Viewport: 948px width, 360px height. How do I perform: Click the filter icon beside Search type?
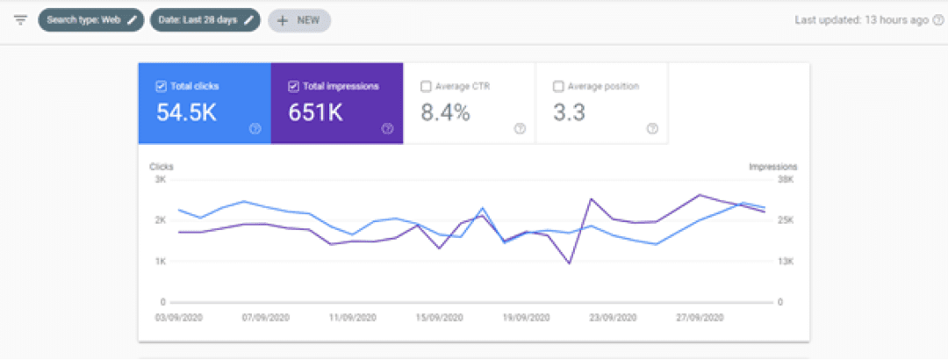click(x=21, y=20)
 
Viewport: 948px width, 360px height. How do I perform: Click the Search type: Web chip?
click(x=91, y=20)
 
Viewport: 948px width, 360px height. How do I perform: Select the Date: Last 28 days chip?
click(x=205, y=20)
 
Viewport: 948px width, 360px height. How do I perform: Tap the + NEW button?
click(x=299, y=20)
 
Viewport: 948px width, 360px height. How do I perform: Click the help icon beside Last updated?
click(x=937, y=20)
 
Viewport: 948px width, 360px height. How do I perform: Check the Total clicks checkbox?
click(x=161, y=87)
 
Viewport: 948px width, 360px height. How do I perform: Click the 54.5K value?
click(x=186, y=112)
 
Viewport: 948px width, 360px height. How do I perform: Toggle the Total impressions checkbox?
click(x=294, y=87)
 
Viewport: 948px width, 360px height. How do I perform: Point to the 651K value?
click(x=315, y=112)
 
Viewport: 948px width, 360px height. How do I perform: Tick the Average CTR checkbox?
click(x=426, y=87)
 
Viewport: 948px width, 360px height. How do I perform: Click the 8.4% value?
click(x=446, y=112)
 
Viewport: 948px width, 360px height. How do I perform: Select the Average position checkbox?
click(x=558, y=87)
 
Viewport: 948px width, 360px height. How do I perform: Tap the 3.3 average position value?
click(x=569, y=112)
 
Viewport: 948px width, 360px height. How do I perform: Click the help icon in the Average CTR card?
click(x=520, y=128)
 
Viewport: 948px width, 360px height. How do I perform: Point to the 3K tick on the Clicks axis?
click(x=161, y=180)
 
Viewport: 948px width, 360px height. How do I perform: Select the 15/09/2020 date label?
click(x=440, y=317)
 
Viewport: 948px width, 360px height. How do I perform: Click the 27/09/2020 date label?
click(x=700, y=317)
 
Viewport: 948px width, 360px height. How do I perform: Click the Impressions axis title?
click(x=773, y=166)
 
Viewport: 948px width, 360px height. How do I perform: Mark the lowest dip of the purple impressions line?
click(x=569, y=263)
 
